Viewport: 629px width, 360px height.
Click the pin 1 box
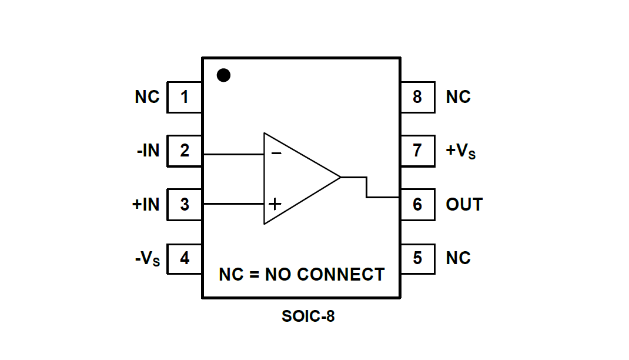coord(185,97)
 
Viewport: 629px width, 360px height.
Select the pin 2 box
coord(185,151)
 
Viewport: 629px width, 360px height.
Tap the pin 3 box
coord(185,204)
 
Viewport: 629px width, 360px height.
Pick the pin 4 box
coord(185,258)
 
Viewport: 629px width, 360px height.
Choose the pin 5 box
coord(417,258)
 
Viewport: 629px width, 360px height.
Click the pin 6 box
coord(417,204)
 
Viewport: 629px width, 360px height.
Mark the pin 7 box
coord(417,151)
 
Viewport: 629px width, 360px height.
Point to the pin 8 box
coord(417,97)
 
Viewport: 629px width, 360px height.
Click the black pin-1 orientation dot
coord(223,75)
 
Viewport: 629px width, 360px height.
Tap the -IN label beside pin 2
coord(148,151)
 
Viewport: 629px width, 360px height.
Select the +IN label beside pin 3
coord(146,204)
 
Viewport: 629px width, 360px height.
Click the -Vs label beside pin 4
coord(147,259)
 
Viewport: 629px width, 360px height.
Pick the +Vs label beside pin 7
coord(460,151)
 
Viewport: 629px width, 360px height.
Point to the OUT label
coord(464,204)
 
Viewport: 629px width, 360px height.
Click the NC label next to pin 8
coord(458,97)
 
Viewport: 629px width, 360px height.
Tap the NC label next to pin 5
coord(458,258)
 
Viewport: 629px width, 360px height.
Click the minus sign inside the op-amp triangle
coord(276,154)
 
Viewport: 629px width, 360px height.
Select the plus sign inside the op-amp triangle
coord(275,204)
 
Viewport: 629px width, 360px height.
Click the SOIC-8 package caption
coord(308,316)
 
